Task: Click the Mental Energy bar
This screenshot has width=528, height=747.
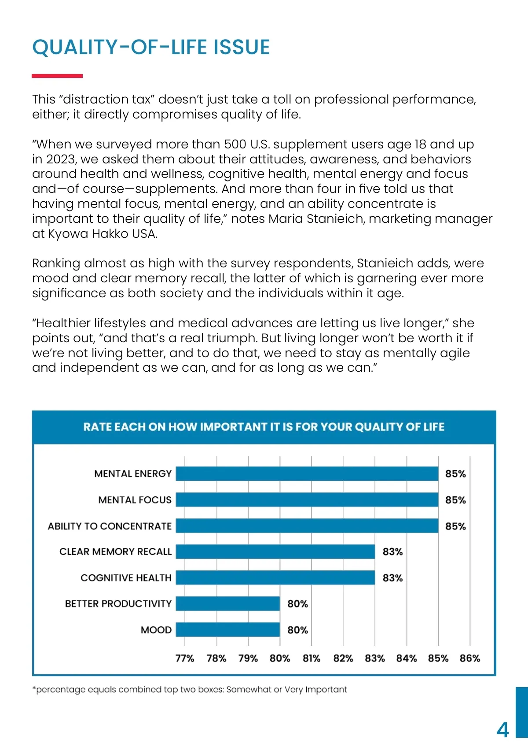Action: [307, 473]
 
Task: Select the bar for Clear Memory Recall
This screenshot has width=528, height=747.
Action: [275, 551]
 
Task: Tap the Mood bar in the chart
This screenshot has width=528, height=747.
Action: [228, 629]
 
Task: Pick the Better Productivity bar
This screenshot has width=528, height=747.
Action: [228, 603]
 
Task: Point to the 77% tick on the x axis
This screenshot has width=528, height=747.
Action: [185, 658]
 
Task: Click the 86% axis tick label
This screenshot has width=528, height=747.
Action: [470, 658]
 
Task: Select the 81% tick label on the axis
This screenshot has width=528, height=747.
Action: [312, 658]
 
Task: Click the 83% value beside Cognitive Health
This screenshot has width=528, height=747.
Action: [392, 578]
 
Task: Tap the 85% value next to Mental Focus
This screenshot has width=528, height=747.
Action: [455, 500]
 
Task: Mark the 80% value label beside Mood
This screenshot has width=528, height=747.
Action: [297, 630]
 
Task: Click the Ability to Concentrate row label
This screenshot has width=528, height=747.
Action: [110, 526]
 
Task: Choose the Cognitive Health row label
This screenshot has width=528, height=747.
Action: [126, 578]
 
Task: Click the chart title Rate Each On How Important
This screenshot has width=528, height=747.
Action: [264, 427]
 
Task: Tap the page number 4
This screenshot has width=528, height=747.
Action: [502, 730]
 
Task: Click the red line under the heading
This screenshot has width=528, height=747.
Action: [57, 76]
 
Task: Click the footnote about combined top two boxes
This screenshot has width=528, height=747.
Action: [190, 689]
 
